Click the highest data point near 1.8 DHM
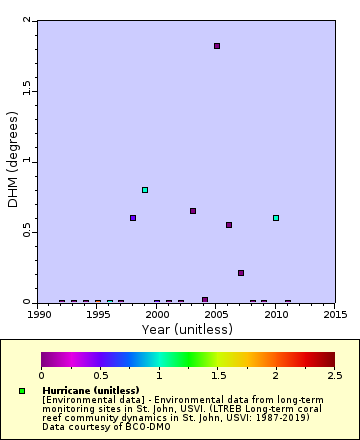(x=217, y=46)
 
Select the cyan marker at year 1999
(x=145, y=190)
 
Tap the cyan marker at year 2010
(x=276, y=218)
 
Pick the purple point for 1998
(x=133, y=218)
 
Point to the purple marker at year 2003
(x=193, y=211)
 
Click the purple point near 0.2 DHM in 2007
(x=241, y=273)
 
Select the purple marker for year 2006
(x=229, y=225)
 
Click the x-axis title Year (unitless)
(x=186, y=329)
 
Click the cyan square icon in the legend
(x=22, y=391)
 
